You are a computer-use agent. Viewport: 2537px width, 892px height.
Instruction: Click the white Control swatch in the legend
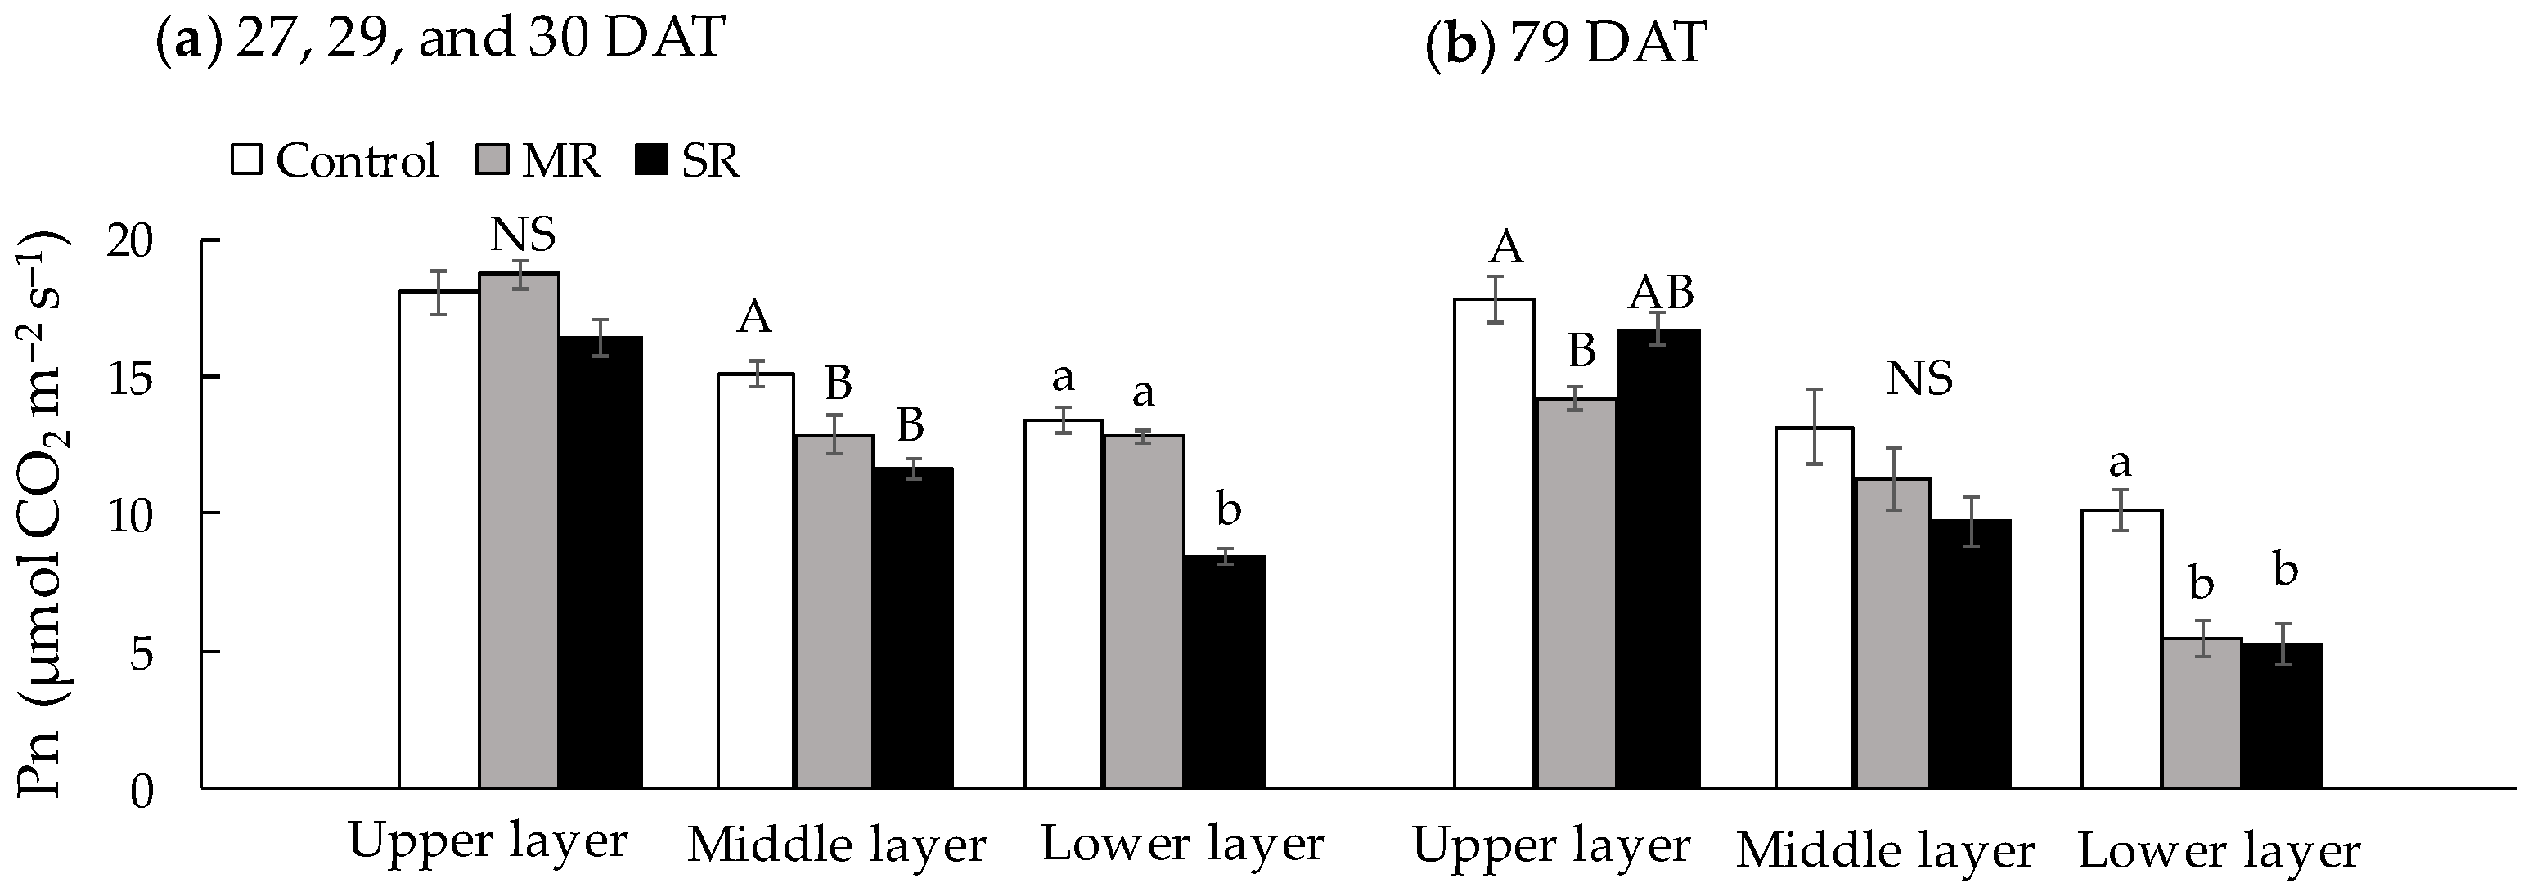[x=246, y=159]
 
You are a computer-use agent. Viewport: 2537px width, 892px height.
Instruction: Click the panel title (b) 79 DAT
[x=1566, y=43]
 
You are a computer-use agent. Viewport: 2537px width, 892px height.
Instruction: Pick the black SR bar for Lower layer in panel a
[x=1224, y=671]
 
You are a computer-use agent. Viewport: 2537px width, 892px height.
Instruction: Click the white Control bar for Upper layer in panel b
[x=1494, y=541]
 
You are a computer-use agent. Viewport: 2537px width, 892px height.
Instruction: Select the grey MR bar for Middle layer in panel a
[x=834, y=611]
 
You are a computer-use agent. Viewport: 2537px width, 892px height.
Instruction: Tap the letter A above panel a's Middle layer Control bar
[x=754, y=318]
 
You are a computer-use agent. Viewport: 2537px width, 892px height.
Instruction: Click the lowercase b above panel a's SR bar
[x=1228, y=510]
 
